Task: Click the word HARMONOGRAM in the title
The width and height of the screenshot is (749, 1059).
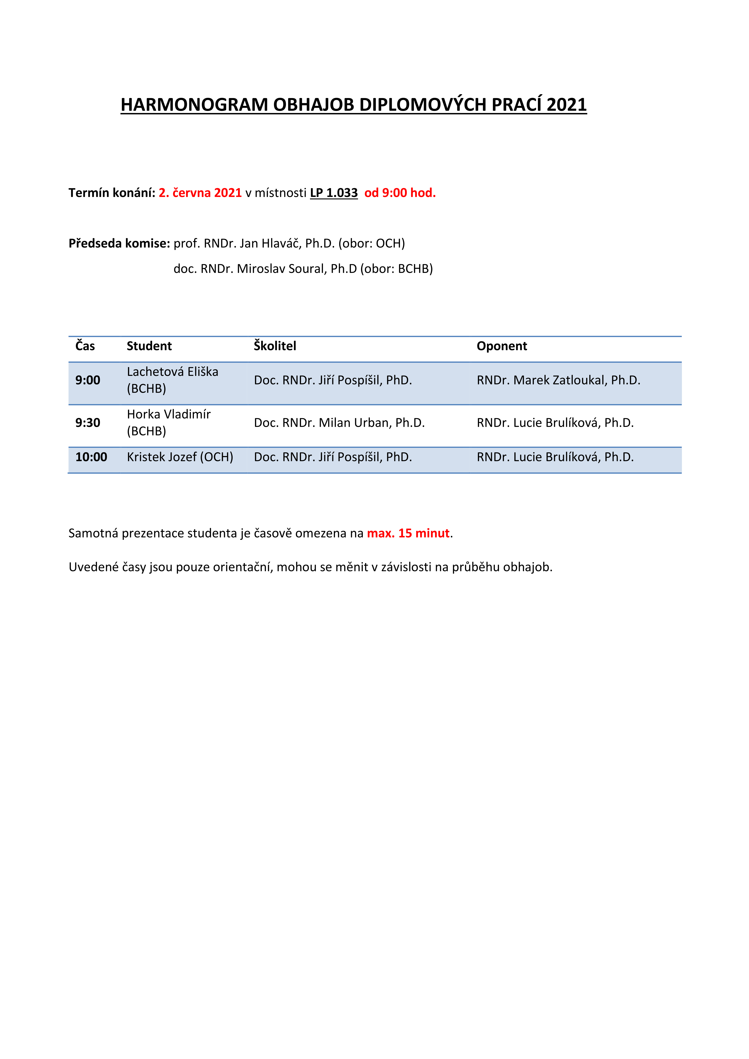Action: tap(194, 105)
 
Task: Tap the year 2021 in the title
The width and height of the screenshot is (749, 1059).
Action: tap(567, 105)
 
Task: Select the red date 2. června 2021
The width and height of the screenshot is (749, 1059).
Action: tap(200, 193)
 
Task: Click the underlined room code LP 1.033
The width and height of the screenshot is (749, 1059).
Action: tap(334, 193)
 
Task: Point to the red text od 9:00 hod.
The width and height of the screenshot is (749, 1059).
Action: tap(400, 193)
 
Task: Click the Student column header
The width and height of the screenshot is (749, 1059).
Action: tap(149, 346)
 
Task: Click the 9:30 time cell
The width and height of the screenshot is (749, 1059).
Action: tap(88, 423)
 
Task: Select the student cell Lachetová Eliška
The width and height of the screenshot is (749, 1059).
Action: tap(173, 380)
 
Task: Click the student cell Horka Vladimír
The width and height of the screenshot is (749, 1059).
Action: tap(169, 423)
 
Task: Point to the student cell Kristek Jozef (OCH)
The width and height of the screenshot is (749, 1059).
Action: tap(180, 457)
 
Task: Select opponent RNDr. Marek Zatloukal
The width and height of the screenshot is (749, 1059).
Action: tap(542, 380)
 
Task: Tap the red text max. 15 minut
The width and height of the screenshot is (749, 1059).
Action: tap(408, 533)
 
